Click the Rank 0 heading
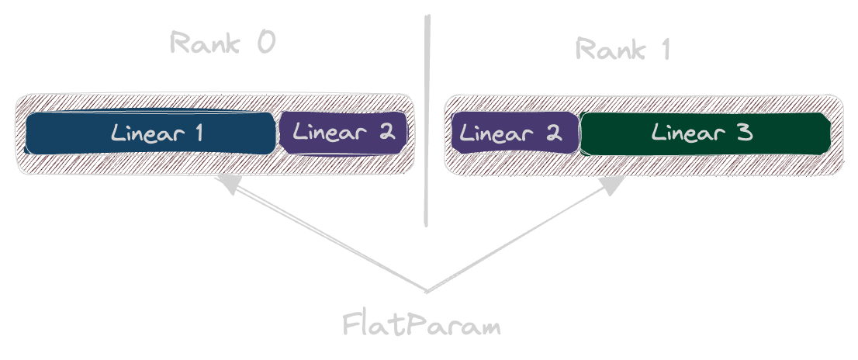pos(223,42)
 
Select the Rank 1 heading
pos(623,49)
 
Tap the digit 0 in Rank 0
pos(266,42)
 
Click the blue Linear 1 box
pos(150,133)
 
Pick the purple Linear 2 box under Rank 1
pos(515,133)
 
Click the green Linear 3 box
pos(705,133)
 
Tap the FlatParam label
pos(421,324)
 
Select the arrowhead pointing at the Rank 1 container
pos(613,185)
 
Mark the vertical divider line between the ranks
pos(427,120)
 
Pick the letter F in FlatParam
pos(350,324)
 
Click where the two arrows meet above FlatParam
pos(427,291)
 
